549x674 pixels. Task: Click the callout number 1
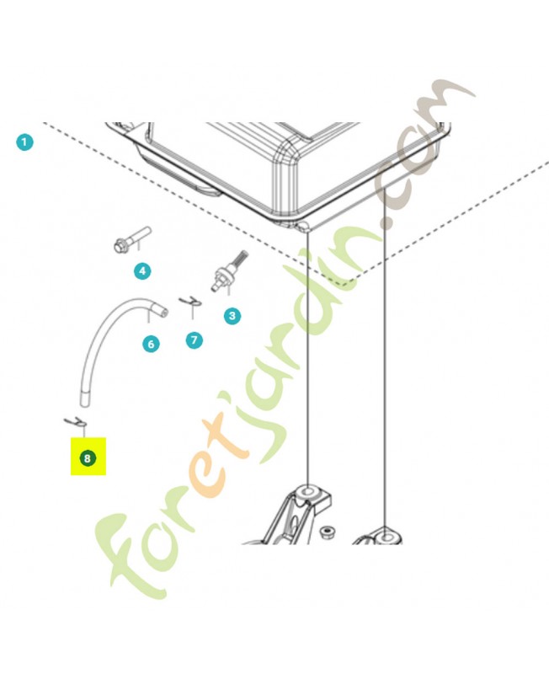click(x=24, y=142)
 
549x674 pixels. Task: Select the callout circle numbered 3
click(x=232, y=316)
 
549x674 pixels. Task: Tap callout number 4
click(x=142, y=270)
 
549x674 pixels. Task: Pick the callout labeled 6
click(x=151, y=344)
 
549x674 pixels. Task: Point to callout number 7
click(x=195, y=340)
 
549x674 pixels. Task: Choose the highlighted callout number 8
click(x=88, y=457)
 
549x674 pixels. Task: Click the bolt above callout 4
click(x=133, y=240)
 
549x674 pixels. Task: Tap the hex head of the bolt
click(x=120, y=246)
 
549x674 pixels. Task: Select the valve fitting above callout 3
click(x=229, y=271)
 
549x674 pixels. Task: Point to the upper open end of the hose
click(x=163, y=311)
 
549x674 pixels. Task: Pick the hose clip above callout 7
click(x=190, y=301)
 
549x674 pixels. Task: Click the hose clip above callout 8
click(x=76, y=423)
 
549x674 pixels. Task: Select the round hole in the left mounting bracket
click(x=308, y=491)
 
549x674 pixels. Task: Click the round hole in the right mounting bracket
click(x=386, y=537)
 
